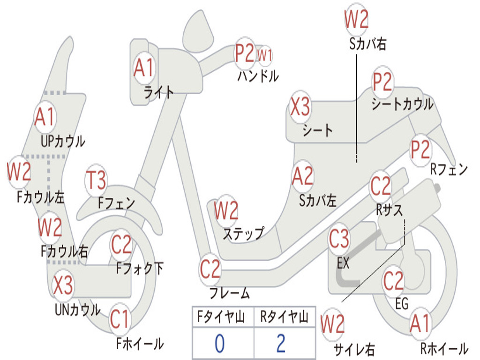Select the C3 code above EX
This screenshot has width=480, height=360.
[339, 239]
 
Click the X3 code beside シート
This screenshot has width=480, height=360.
[300, 107]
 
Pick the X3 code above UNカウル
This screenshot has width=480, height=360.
[63, 285]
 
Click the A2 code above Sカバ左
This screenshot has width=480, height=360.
[302, 177]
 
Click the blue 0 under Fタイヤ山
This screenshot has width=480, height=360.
[219, 344]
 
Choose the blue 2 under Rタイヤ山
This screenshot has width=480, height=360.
[281, 344]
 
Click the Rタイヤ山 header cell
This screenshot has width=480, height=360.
[284, 318]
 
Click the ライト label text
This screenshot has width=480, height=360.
[159, 92]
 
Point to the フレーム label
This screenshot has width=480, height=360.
[229, 294]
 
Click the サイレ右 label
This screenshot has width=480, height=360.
[354, 349]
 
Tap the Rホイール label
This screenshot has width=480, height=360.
[444, 349]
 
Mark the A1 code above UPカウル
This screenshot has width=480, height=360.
[45, 118]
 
